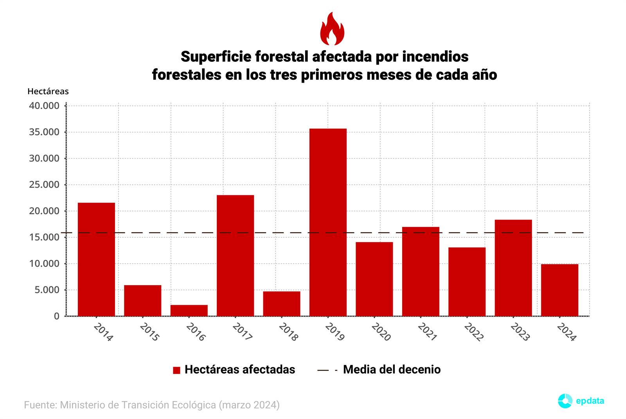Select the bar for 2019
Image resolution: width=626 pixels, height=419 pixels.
[x=328, y=222]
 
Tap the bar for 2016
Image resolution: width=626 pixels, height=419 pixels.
[x=189, y=310]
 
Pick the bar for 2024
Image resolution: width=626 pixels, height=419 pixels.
[x=559, y=290]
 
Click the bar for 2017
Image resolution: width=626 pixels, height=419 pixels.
[x=235, y=255]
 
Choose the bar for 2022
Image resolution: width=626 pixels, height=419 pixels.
[x=467, y=282]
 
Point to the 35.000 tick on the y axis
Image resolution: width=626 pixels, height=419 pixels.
[x=44, y=132]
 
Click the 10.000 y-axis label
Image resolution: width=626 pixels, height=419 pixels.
[x=44, y=264]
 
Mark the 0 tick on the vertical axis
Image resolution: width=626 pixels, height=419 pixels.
[x=57, y=316]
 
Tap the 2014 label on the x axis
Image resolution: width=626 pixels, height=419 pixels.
[x=103, y=332]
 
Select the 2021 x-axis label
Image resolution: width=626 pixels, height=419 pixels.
[x=427, y=332]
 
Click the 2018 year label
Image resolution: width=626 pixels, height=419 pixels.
[x=288, y=332]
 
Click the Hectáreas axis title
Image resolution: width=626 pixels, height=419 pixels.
[x=48, y=92]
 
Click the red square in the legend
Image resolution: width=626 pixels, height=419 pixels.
[x=176, y=370]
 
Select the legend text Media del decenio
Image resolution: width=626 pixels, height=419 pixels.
[x=392, y=370]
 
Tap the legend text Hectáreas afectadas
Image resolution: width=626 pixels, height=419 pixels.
[x=240, y=370]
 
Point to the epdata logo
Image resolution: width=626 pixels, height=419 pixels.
[x=581, y=401]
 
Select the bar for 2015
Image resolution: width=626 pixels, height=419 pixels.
[x=143, y=300]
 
